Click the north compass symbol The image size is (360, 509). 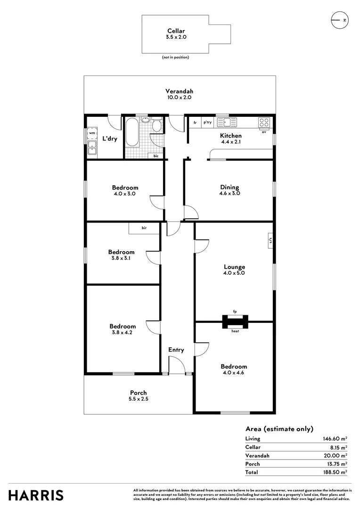coord(339,20)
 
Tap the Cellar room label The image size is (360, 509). coord(176,31)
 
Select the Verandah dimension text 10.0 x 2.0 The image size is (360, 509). coord(179,97)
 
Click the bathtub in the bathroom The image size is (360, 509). coord(131,132)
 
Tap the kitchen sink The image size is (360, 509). coord(229,122)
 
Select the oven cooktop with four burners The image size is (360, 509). coord(264,122)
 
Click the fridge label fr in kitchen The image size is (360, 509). coord(195,123)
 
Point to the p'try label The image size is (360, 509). coord(207,123)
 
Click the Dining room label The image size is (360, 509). coord(229,187)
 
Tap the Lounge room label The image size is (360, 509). coord(234,267)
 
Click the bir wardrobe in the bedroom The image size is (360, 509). coord(144,228)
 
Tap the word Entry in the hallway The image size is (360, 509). coord(176,350)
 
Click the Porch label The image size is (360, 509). coord(139,393)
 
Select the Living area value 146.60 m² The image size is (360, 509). coord(334,439)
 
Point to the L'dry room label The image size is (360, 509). coord(110,139)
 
